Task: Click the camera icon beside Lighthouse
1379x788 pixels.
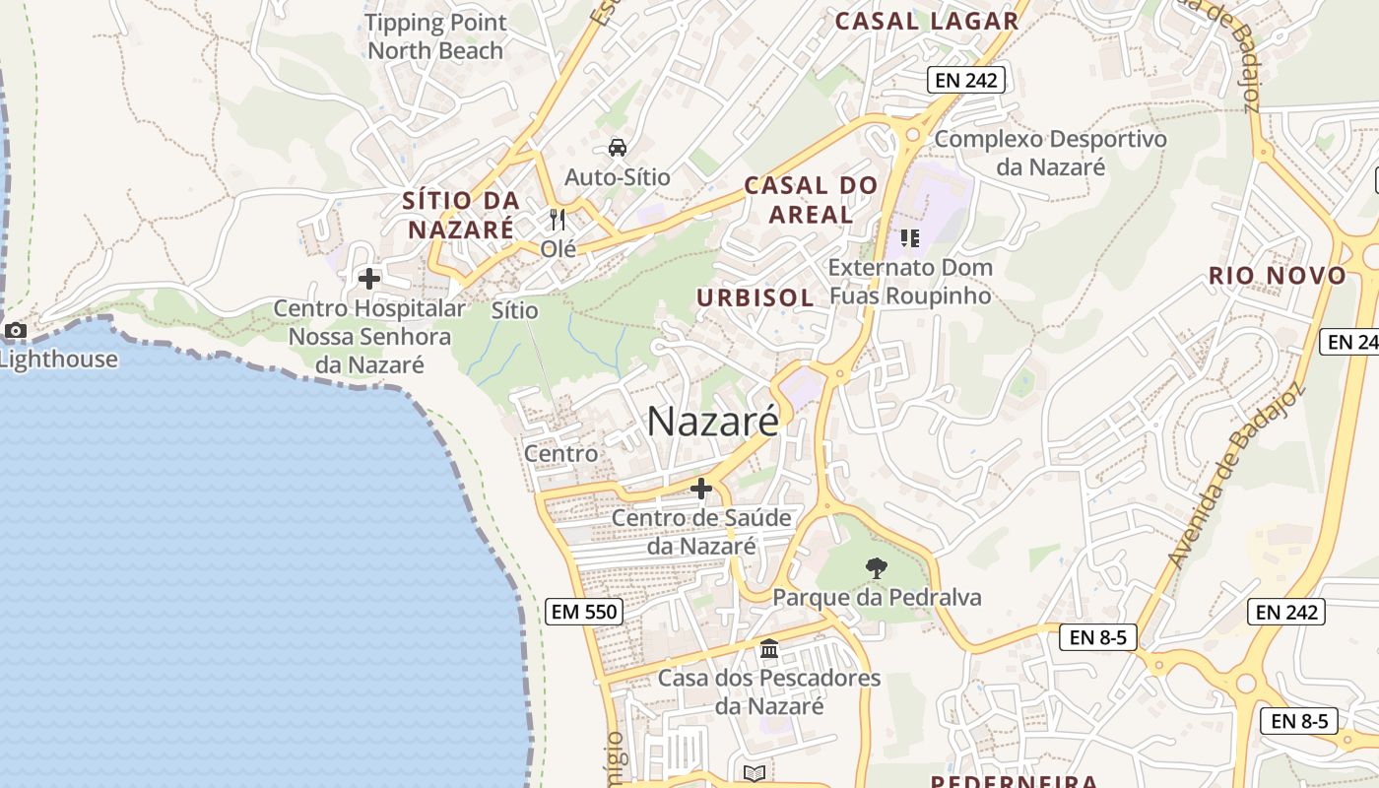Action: pos(16,331)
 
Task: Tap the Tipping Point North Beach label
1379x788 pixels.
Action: pos(435,36)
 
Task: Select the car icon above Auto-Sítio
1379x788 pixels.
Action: pos(618,148)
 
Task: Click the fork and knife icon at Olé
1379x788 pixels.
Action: pos(558,219)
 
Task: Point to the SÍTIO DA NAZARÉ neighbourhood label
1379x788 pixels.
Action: pos(461,215)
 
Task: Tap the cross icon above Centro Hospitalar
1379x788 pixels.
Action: pos(369,279)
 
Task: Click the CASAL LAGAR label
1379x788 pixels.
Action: pos(926,21)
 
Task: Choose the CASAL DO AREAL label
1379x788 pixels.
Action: pos(811,199)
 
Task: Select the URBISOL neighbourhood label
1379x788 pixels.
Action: pos(755,297)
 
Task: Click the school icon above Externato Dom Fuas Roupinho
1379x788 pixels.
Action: pos(909,237)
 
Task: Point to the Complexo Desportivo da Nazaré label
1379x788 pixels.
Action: pos(1050,153)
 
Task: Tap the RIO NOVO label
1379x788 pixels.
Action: pos(1278,276)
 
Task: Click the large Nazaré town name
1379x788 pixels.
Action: pos(713,422)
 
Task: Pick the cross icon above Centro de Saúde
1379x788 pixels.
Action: pos(701,488)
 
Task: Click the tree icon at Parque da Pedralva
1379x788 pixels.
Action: pos(876,567)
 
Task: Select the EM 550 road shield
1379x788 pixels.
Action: pos(584,612)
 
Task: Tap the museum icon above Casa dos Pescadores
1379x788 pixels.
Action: pos(769,648)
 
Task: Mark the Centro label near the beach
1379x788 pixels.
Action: pos(560,453)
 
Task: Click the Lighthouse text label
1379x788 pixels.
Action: pos(59,359)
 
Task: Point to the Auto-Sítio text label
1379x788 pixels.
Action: pos(618,177)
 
